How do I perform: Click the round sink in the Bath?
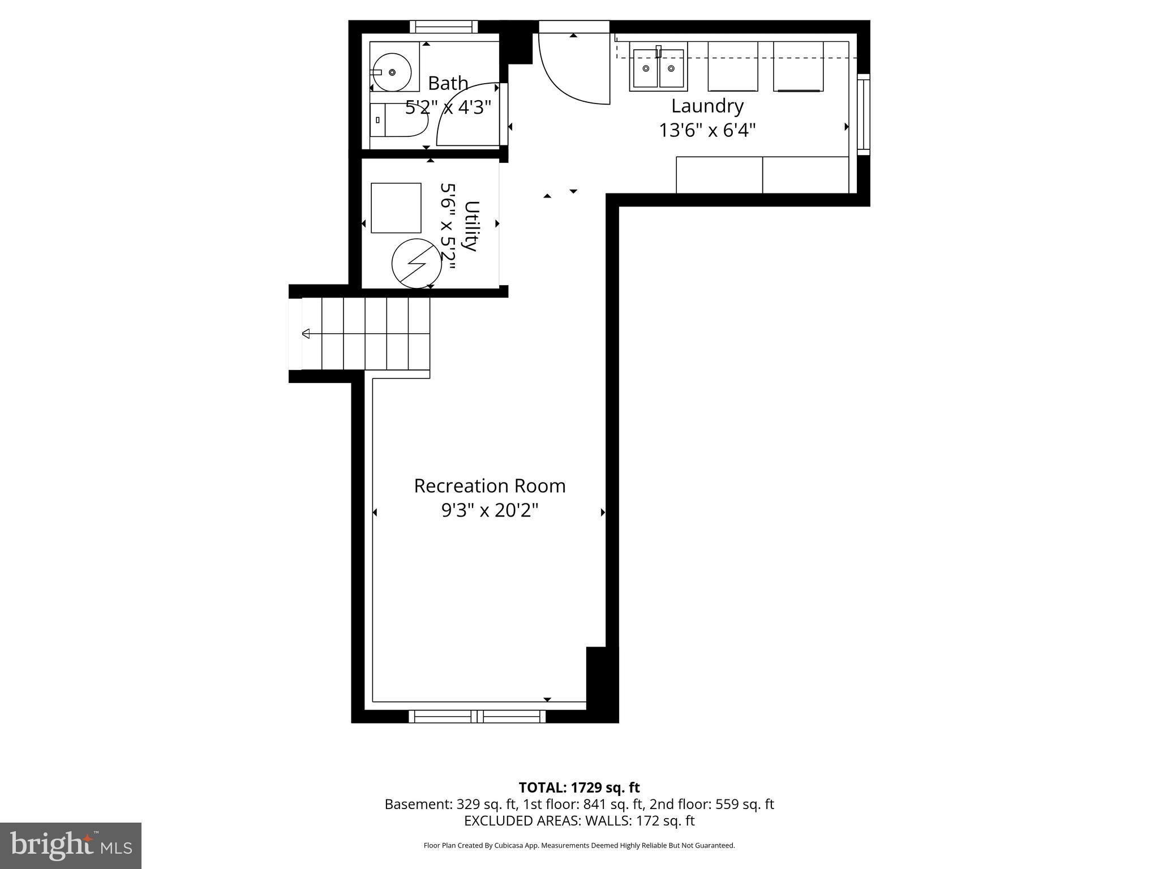392,72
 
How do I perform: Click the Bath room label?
448,83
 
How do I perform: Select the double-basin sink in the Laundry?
658,69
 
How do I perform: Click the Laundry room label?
707,106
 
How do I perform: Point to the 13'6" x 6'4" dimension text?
707,131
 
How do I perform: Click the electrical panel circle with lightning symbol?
417,264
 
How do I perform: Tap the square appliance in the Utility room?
396,208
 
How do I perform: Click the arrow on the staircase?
306,333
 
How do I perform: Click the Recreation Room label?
490,486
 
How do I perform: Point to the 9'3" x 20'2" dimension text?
490,511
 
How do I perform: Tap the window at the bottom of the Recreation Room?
477,716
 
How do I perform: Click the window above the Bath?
444,27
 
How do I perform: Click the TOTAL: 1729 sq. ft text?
579,788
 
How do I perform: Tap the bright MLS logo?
71,845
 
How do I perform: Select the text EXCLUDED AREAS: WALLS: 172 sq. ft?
579,820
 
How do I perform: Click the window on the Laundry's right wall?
863,114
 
